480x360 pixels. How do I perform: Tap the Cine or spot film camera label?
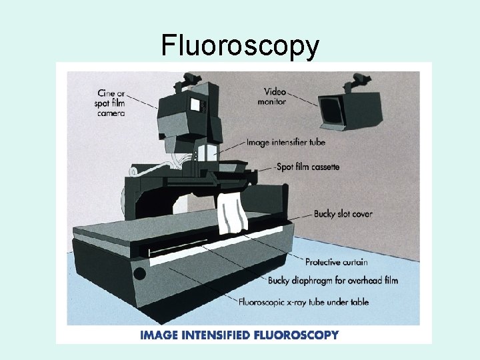coord(110,103)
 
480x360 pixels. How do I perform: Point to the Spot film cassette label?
coord(308,167)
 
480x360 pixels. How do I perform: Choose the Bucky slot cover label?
coord(343,214)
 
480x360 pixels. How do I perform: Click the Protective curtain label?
coord(336,262)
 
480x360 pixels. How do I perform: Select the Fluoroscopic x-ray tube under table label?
coord(303,302)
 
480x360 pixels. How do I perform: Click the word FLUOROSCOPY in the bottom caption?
coord(296,335)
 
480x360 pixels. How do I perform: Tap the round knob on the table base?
coord(139,273)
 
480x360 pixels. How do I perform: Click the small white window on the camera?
coord(195,104)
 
